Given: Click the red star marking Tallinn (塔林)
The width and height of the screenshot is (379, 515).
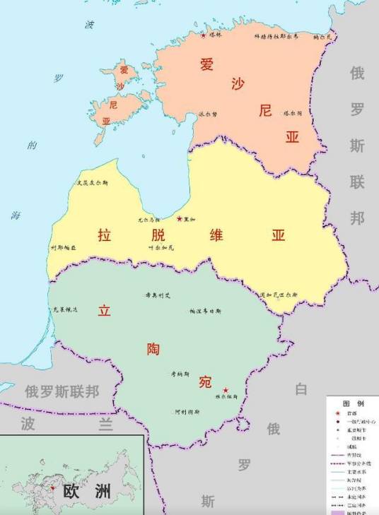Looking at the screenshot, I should [204, 35].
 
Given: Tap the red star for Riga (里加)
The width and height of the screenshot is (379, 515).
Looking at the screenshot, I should [180, 218].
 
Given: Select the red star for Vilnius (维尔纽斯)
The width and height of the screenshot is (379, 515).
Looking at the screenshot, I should [226, 390].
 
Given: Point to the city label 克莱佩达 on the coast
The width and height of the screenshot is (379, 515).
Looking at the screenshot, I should [64, 309].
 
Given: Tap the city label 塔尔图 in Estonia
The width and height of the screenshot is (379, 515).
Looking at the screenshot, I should [293, 113].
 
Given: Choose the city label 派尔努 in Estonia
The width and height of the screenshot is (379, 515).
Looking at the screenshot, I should [208, 114].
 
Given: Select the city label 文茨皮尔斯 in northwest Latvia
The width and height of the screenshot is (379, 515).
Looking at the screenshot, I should [93, 183].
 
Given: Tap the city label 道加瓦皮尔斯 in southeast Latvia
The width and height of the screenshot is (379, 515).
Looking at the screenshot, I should [279, 294].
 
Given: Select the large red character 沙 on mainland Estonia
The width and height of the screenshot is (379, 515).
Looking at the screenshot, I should [237, 85].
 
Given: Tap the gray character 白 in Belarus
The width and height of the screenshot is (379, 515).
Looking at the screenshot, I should [302, 389].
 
